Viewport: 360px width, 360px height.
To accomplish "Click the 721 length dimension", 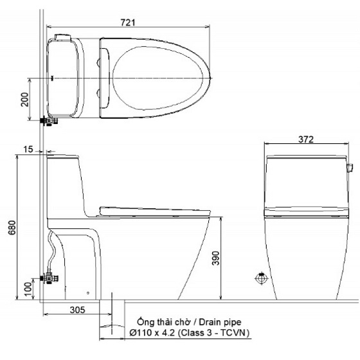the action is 128,22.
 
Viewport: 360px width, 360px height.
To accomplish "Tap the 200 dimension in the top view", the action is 25,100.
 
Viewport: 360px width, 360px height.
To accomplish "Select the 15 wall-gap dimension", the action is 28,149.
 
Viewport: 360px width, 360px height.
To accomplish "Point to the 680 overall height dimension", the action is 12,228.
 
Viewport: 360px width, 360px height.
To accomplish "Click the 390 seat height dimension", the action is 215,258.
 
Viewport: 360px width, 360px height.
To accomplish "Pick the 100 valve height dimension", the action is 28,289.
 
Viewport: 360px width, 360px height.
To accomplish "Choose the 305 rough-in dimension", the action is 77,310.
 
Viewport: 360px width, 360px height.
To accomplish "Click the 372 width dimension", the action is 306,139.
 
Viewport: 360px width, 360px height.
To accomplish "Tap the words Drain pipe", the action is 220,322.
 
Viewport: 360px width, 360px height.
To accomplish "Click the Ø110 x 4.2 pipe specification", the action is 152,333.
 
